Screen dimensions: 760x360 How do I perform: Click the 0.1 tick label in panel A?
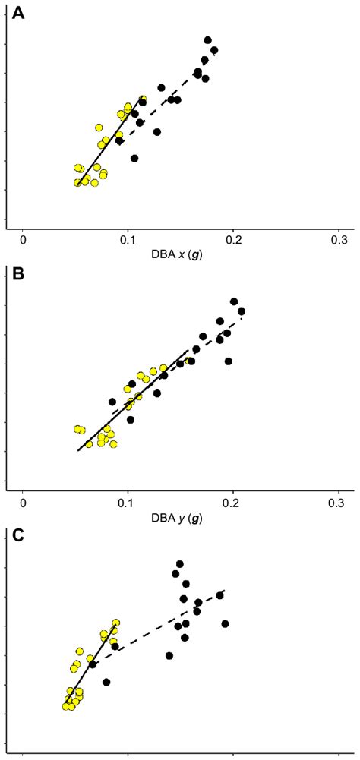[128, 240]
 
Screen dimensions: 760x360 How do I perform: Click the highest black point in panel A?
[207, 40]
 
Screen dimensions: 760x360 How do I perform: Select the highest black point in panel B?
[234, 301]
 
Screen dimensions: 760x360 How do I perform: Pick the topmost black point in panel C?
[180, 564]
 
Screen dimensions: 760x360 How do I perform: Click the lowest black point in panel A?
[134, 159]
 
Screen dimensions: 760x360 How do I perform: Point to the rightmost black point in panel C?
[225, 623]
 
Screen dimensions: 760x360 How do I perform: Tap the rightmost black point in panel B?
[242, 311]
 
